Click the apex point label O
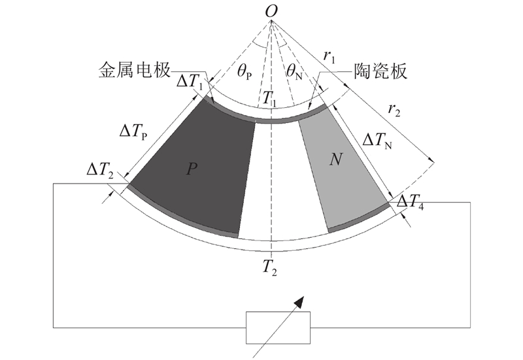coord(271,12)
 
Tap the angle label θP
coord(245,73)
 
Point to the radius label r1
coord(329,57)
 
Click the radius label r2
coord(394,110)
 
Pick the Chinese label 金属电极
coord(134,71)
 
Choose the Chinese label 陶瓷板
coord(380,71)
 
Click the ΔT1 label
coord(190,82)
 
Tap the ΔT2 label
coord(100,171)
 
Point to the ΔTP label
coord(133,133)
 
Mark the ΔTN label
coord(377,141)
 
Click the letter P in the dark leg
coord(192,169)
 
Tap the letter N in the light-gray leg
coord(335,159)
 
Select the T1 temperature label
coord(269,99)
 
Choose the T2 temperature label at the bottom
coord(269,267)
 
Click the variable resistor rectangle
coord(278,327)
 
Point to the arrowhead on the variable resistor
coord(300,302)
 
